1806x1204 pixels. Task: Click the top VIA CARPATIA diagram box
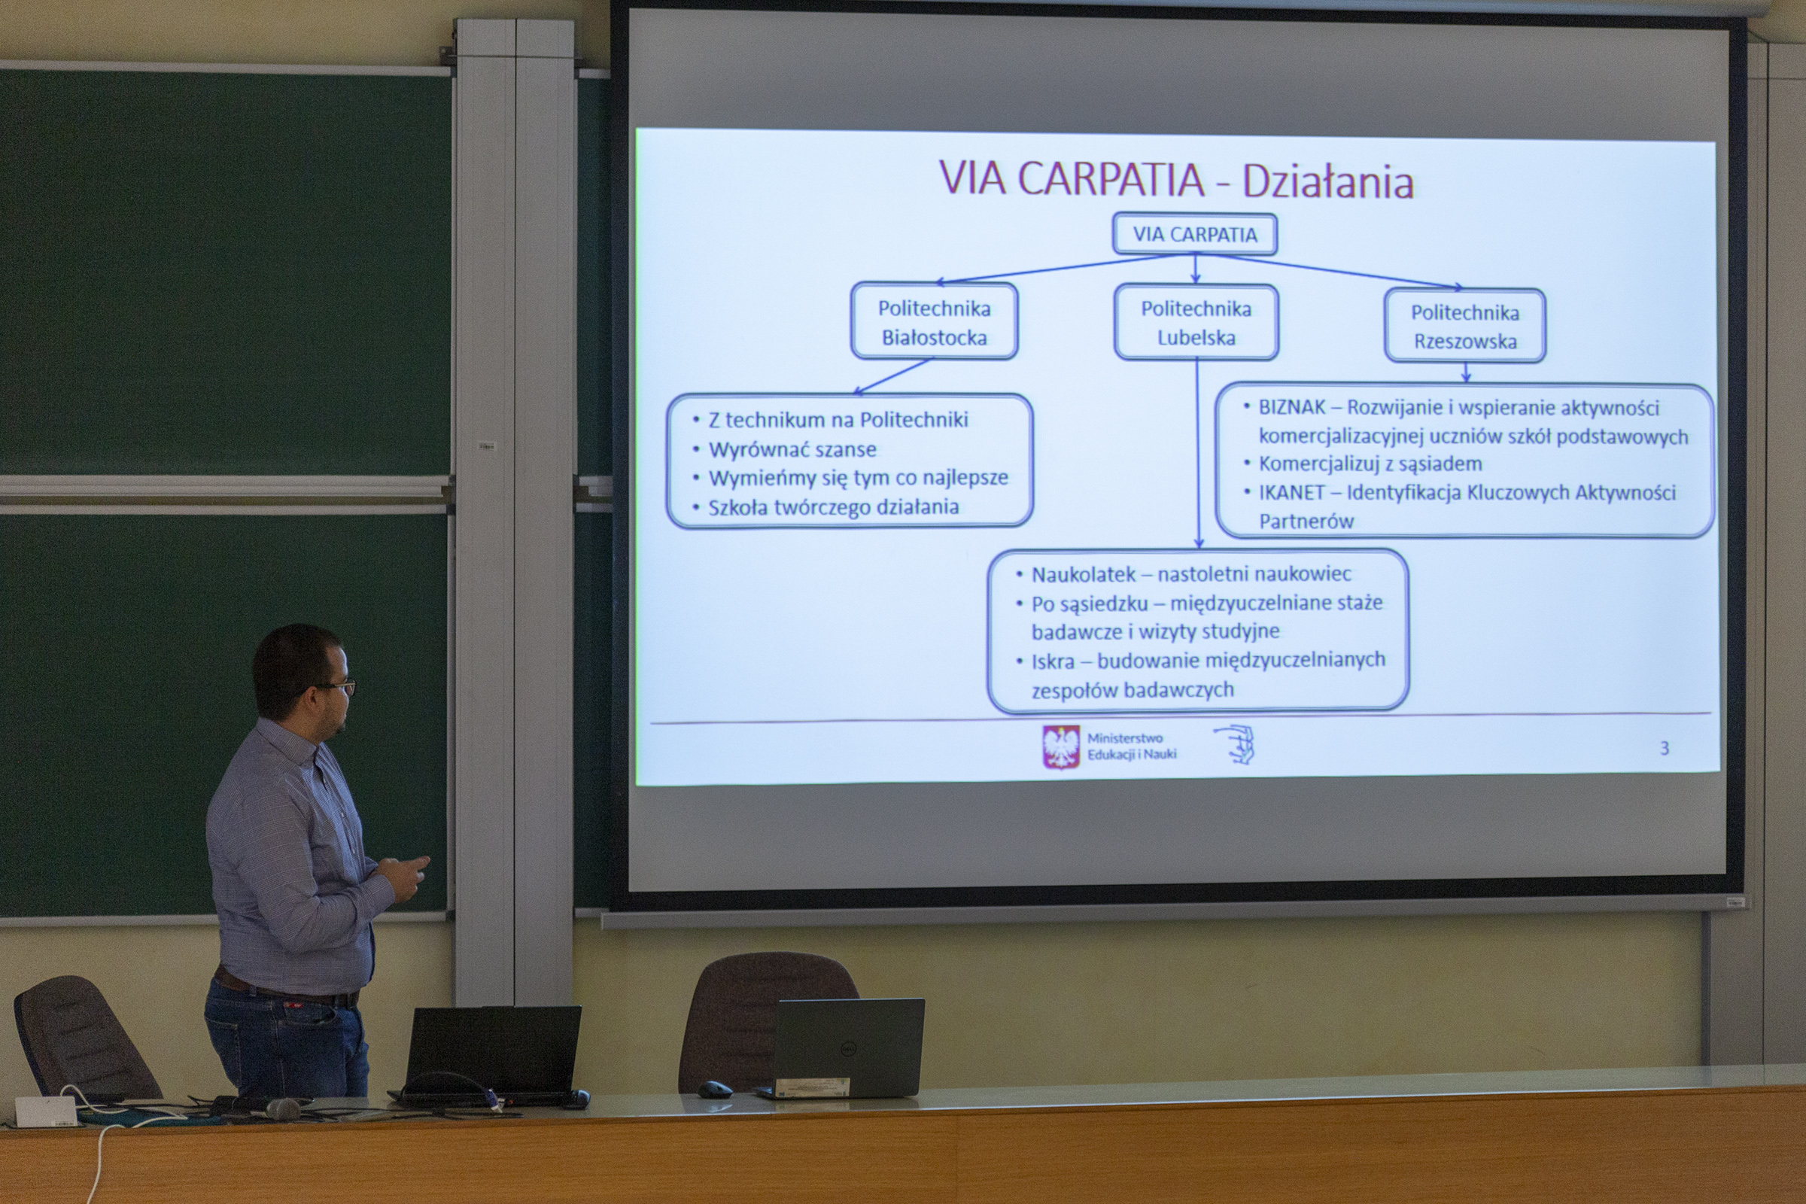pos(1195,234)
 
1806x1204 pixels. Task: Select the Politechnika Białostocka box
pos(934,321)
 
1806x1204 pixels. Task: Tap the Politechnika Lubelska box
pos(1196,322)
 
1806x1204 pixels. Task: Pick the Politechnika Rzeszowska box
pos(1465,326)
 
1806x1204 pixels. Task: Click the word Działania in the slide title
pos(1327,181)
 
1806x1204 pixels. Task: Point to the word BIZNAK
pos(1291,407)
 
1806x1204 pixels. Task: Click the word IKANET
pos(1291,492)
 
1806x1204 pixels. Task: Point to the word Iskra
pos(1053,661)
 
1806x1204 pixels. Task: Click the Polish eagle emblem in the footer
pos(1061,747)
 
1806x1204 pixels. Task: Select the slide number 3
pos(1664,748)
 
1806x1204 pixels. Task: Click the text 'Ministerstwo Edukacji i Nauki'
pos(1131,746)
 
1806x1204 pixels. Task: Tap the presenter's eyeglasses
pos(336,686)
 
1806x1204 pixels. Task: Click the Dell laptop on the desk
pos(843,1048)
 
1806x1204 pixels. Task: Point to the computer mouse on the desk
pos(715,1089)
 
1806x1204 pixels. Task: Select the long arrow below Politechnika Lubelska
pos(1198,454)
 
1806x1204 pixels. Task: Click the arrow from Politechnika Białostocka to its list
pos(892,376)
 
